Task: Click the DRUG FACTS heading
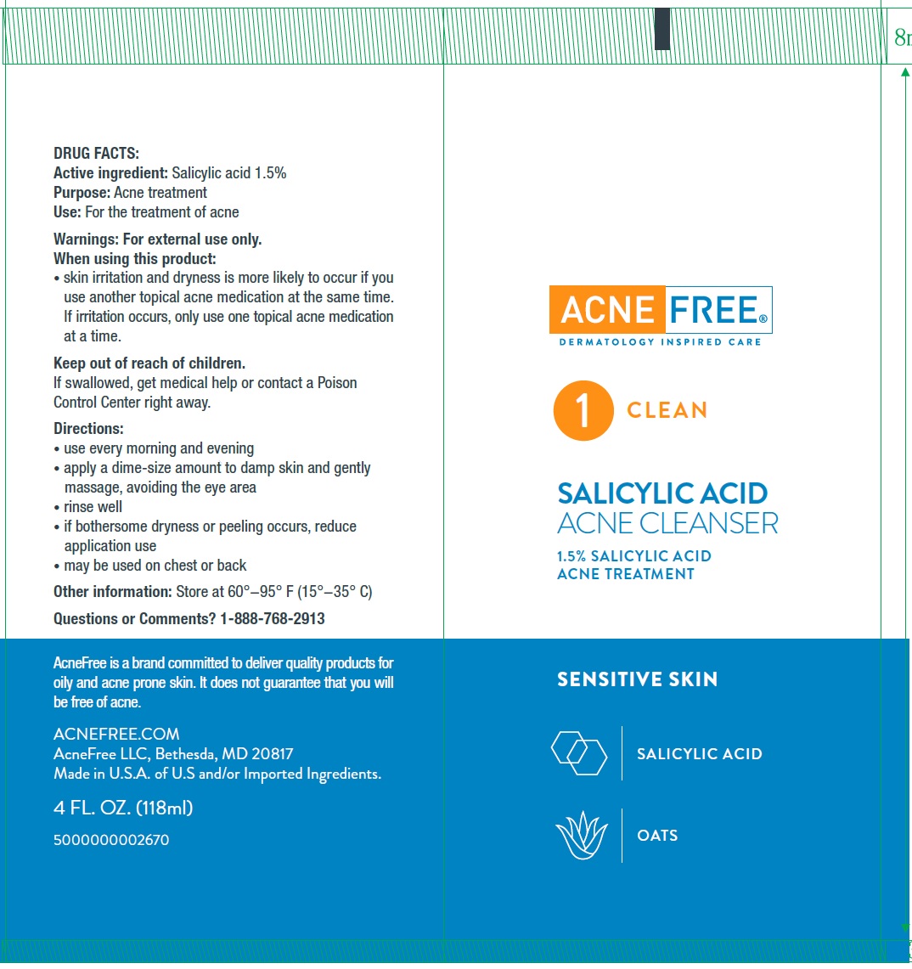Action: [96, 154]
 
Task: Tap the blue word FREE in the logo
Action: [716, 311]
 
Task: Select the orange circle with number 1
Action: [583, 410]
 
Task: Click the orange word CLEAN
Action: [667, 410]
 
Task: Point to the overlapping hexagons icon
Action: [579, 752]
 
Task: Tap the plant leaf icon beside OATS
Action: [582, 836]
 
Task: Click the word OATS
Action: [657, 836]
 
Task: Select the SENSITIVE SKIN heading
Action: [637, 679]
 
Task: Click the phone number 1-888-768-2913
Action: [273, 619]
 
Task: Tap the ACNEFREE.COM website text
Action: [116, 734]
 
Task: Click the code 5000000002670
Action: [111, 840]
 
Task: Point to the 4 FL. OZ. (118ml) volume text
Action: [123, 808]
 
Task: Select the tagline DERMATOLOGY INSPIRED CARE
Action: [660, 342]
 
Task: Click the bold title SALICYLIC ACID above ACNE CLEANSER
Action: [662, 493]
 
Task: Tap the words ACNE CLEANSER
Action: [667, 523]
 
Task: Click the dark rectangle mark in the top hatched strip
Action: [662, 29]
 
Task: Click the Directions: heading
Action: [88, 429]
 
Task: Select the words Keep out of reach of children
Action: [149, 363]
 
